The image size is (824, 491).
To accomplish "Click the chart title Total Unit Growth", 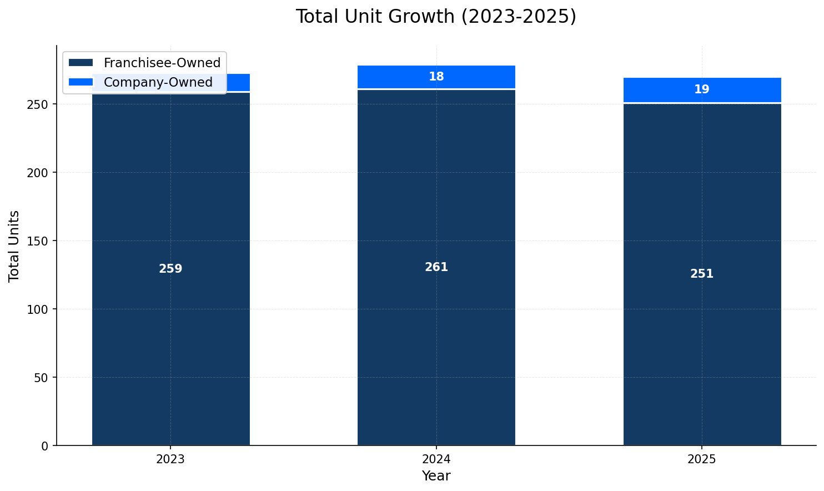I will point(436,17).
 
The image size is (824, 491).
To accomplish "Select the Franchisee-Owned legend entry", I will point(162,63).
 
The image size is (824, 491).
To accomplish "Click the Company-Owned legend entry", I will point(158,82).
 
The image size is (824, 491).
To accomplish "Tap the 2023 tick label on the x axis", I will point(170,460).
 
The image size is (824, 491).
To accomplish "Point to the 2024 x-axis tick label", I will point(436,460).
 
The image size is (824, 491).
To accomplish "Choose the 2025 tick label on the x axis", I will point(702,460).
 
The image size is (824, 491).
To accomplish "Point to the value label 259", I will point(170,269).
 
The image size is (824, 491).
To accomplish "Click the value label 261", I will point(436,267).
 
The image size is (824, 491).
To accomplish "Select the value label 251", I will point(702,274).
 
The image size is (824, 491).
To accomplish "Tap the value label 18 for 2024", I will point(436,77).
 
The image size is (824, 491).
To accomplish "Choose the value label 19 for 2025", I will point(702,89).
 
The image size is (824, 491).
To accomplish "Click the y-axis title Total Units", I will point(14,245).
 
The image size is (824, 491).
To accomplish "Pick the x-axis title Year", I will point(436,476).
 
